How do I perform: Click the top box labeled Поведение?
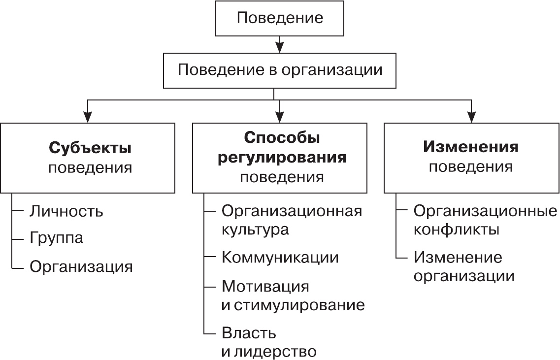point(280,18)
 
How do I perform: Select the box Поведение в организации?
point(280,70)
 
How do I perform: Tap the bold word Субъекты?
point(90,148)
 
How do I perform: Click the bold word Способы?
point(282,137)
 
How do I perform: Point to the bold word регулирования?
point(282,157)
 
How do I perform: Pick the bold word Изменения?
point(471,147)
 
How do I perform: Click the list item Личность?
point(66,211)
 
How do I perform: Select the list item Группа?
point(57,238)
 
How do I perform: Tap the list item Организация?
point(81,266)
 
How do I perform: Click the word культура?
point(255,229)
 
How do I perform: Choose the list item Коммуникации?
point(280,257)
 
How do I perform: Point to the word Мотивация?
point(265,286)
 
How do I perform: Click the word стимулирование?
point(298,305)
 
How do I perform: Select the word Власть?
point(249,333)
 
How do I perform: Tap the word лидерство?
point(275,352)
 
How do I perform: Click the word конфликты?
point(456,229)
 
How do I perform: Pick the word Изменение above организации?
point(458,257)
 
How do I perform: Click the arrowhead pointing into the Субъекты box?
point(88,117)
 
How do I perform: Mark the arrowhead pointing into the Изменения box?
point(472,117)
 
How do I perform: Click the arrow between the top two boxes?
point(280,44)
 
